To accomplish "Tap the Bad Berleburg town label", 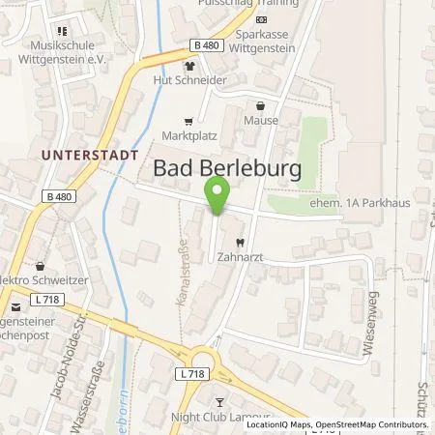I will pyautogui.click(x=228, y=169).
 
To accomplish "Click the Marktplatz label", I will pyautogui.click(x=187, y=136).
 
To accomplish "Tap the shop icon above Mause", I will pyautogui.click(x=259, y=106).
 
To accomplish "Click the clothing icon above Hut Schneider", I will pyautogui.click(x=189, y=67).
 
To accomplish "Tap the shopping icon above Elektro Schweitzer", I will pyautogui.click(x=40, y=264).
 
